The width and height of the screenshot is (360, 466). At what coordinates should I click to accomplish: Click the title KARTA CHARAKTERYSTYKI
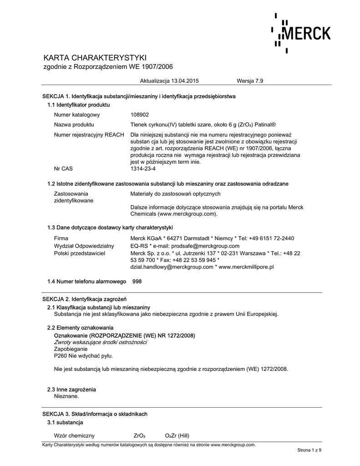click(x=95, y=58)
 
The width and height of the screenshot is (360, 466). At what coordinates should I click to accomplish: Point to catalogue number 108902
click(x=140, y=115)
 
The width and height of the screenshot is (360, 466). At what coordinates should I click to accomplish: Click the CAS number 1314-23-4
click(x=143, y=168)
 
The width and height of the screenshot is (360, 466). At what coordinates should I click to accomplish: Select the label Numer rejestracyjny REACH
click(x=89, y=135)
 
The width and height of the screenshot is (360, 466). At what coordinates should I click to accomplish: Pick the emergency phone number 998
click(x=137, y=282)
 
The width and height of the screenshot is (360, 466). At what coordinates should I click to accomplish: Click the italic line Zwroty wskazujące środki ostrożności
click(x=100, y=342)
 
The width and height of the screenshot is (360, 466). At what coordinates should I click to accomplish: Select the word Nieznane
click(x=66, y=396)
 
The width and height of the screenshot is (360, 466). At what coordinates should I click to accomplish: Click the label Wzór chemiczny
click(x=74, y=435)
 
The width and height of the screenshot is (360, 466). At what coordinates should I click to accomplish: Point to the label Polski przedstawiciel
click(x=80, y=253)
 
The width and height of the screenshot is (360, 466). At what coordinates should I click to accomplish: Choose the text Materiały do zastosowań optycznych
click(x=175, y=194)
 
